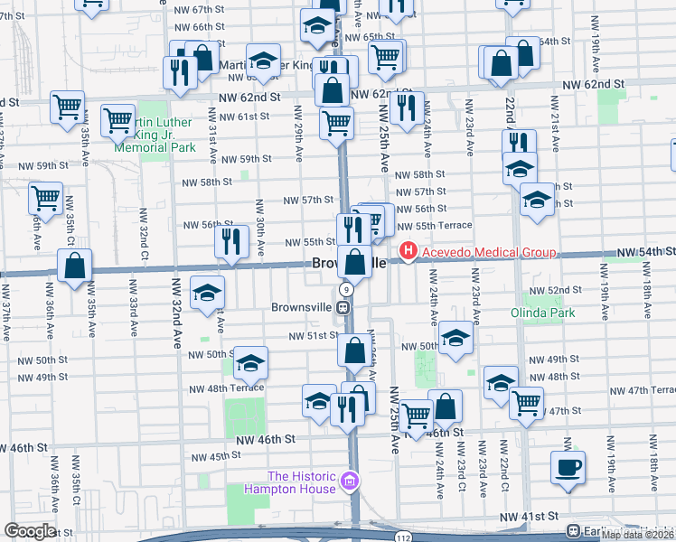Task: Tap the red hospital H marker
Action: [408, 251]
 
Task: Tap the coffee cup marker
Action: [568, 468]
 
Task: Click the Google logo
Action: [31, 531]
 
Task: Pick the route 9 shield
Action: [346, 289]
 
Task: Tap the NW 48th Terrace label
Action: [226, 388]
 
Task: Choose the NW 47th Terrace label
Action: [642, 390]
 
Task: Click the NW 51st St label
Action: [313, 336]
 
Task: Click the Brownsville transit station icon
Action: [343, 307]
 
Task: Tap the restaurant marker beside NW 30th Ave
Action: [232, 241]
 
